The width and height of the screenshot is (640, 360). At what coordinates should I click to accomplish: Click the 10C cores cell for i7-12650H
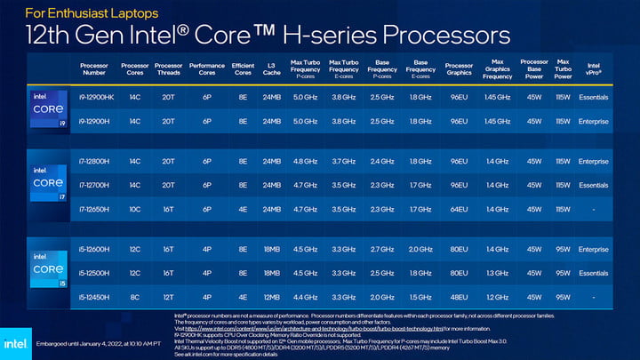134,209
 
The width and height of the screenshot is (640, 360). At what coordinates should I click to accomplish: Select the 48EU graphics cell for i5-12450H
459,296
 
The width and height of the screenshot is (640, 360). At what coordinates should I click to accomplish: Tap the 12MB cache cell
272,296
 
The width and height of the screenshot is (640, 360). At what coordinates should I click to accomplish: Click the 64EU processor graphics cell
459,209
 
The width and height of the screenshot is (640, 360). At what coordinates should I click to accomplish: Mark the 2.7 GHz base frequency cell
382,250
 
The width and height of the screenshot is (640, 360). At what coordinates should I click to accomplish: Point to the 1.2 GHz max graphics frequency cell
497,296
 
